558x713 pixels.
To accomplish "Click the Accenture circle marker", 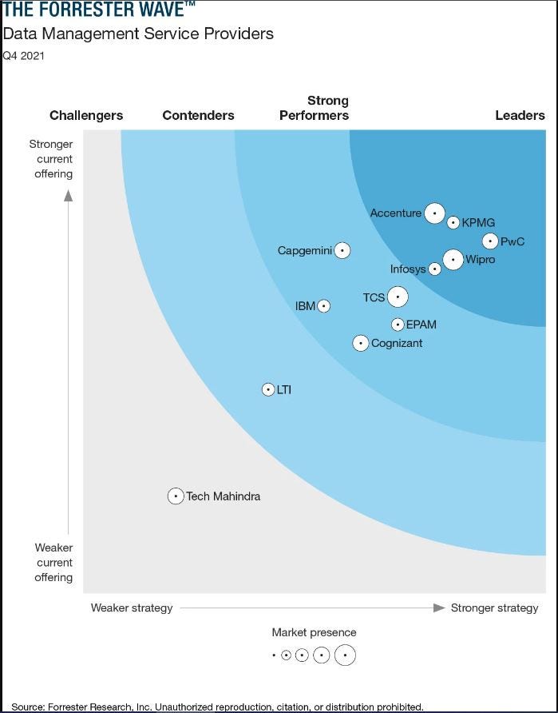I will [434, 213].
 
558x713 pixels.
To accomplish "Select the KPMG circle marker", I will [453, 223].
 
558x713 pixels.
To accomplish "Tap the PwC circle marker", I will [490, 241].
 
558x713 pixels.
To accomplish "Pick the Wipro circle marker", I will [453, 260].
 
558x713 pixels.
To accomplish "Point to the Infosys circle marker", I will [435, 269].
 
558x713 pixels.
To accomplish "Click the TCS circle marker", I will [398, 297].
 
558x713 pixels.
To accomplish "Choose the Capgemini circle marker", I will [342, 250].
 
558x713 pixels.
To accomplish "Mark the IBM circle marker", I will [323, 305].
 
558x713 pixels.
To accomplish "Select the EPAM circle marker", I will [398, 325].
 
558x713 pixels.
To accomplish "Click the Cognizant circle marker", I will [361, 343].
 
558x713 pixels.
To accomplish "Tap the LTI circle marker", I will [268, 389].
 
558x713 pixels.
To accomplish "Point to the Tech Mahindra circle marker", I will [176, 496].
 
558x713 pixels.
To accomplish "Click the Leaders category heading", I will [520, 115].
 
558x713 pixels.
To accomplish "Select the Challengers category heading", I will [86, 115].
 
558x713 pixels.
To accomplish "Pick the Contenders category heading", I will [198, 115].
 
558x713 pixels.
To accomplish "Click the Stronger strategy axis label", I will [494, 607].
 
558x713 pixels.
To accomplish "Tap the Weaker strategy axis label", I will [132, 607].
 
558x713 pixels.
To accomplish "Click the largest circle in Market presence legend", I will [345, 655].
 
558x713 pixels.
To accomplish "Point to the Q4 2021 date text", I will [23, 56].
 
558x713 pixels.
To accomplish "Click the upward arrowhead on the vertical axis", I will [69, 195].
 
